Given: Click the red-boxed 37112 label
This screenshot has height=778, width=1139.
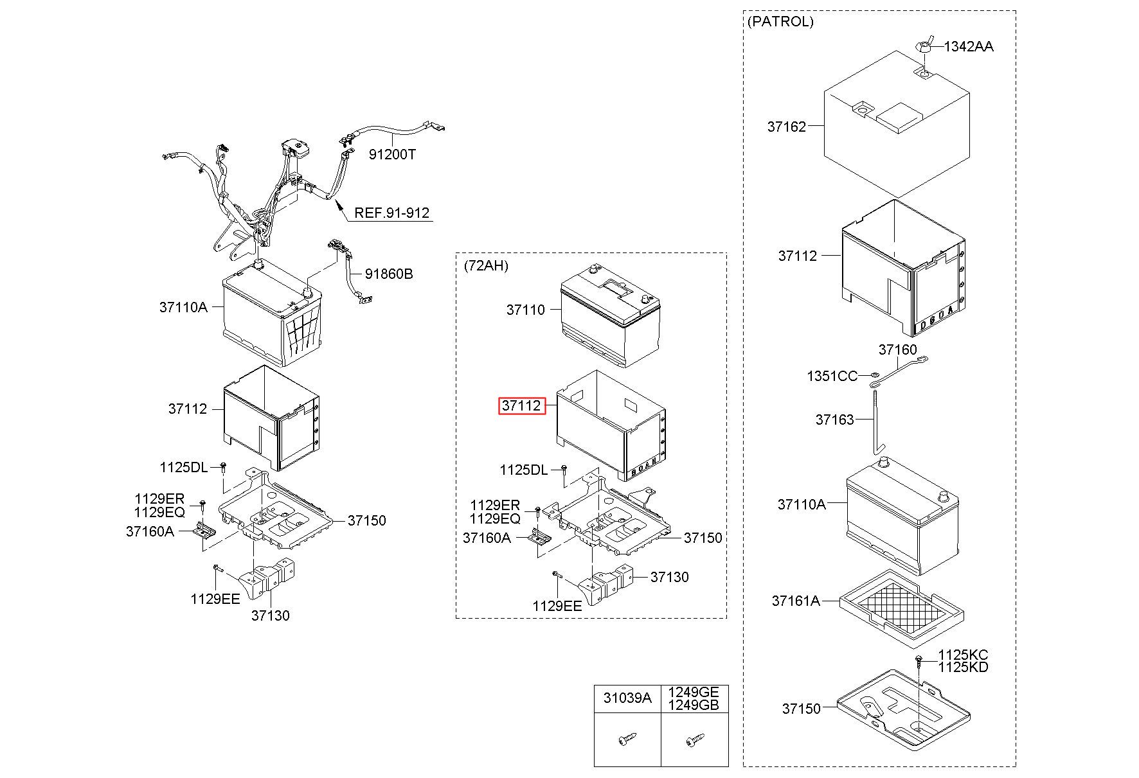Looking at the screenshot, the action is pos(522,406).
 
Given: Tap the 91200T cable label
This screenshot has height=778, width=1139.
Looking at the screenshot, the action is pos(392,154).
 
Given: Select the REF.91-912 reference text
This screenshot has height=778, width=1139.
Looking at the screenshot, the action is pos(392,213).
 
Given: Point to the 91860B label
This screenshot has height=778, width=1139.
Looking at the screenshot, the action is pos(389,274).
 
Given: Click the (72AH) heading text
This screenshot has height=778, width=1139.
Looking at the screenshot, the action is pos(486,265).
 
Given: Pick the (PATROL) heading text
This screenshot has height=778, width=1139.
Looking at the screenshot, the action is pos(780,21).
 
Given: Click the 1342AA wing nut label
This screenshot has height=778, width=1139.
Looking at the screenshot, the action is pos(969,46).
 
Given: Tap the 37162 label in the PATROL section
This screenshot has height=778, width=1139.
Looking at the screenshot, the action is pos(786,127).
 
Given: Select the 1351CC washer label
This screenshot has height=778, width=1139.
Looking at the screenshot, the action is pos(832,376).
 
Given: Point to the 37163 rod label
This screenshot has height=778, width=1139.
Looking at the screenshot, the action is pos(834,420).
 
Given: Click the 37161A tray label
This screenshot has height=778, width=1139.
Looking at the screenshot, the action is pos(796,601).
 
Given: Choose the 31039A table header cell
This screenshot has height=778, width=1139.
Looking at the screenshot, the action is pos(627,698).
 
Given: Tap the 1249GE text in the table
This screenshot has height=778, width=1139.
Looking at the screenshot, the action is pos(694,692).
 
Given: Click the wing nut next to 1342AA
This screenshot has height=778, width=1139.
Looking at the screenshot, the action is pos(925,46).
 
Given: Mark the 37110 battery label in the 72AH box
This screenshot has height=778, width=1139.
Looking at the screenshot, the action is pos(525,310).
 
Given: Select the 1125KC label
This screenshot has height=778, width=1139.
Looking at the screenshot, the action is pos(963,655).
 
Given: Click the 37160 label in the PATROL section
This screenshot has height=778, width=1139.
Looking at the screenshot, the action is pos(898,349).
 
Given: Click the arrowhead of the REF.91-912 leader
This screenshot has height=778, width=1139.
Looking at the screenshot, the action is pos(335,204).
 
